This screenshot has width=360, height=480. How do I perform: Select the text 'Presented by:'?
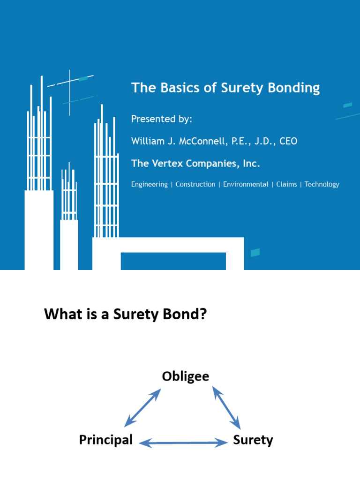162,119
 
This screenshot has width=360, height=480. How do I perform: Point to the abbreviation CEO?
288,141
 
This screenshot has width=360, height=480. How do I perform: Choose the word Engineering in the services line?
150,184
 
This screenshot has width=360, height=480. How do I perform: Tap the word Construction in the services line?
195,184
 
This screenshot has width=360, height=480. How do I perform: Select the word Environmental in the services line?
246,184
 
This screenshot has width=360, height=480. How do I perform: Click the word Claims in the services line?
286,184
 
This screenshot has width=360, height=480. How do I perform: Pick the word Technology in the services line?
322,184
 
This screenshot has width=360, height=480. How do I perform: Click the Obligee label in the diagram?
186,376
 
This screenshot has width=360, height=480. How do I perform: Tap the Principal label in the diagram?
106,440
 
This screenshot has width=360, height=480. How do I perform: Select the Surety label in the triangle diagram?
253,440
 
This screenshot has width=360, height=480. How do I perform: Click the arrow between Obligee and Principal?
142,407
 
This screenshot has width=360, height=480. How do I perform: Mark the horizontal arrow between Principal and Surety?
183,442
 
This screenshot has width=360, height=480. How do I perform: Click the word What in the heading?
61,314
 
